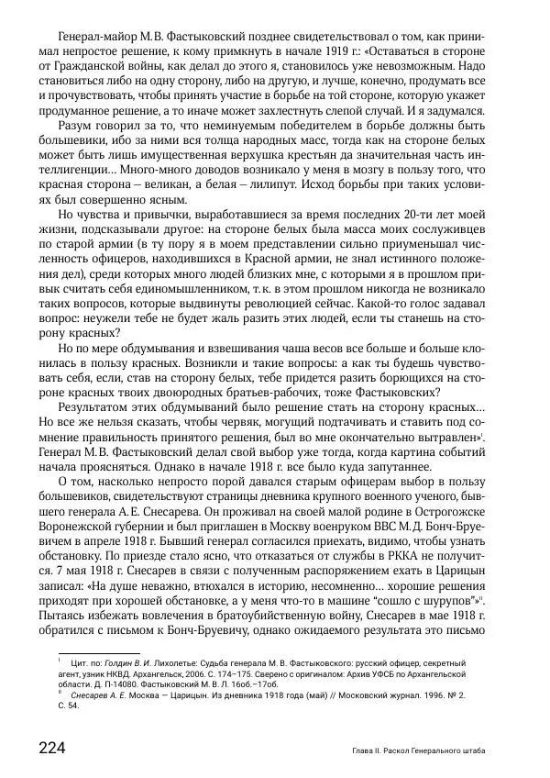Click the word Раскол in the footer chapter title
[402, 750]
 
